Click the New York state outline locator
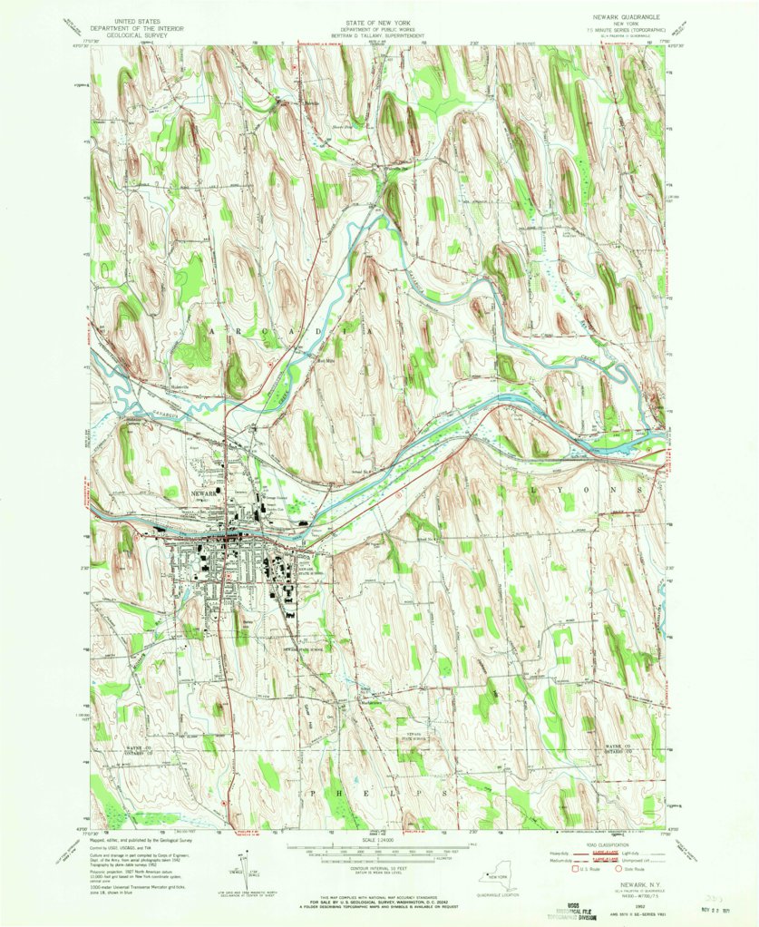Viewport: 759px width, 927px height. point(499,881)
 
